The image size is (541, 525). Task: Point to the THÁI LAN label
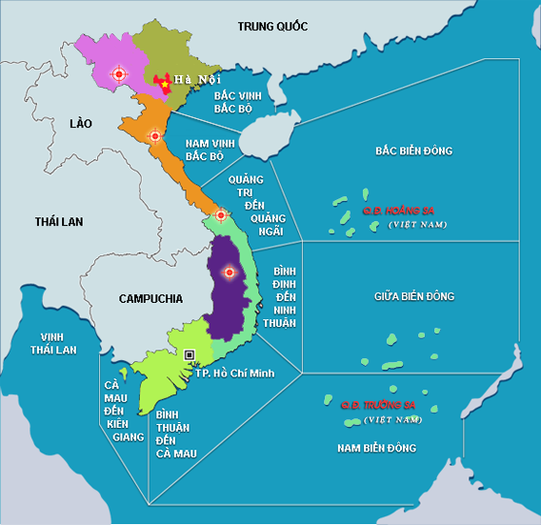tap(59, 221)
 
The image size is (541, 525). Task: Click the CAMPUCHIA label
tap(150, 298)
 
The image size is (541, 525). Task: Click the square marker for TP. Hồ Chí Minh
tap(190, 354)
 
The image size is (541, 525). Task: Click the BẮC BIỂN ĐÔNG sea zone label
tap(413, 151)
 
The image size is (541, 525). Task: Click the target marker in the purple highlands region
tap(228, 273)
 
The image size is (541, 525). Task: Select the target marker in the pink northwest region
tap(118, 73)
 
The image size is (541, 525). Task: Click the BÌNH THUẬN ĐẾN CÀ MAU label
tap(175, 434)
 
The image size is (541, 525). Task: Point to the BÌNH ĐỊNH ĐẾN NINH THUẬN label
tap(285, 284)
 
